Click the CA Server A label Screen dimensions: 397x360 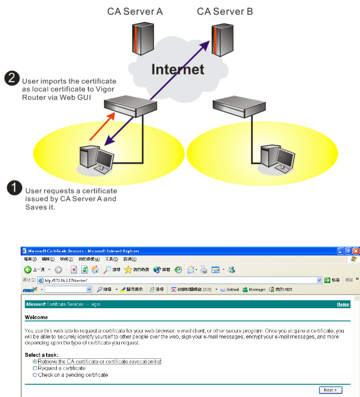(135, 11)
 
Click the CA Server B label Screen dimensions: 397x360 (224, 11)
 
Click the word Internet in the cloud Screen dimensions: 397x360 (178, 69)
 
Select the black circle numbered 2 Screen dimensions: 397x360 (12, 79)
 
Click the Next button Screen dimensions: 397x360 (330, 390)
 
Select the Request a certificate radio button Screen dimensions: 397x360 (35, 368)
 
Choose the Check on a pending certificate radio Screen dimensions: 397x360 (35, 375)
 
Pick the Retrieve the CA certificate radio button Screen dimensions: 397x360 (35, 361)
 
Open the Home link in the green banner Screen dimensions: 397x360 (343, 304)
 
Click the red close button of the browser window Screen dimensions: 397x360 (356, 251)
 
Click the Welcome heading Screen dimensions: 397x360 (37, 317)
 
